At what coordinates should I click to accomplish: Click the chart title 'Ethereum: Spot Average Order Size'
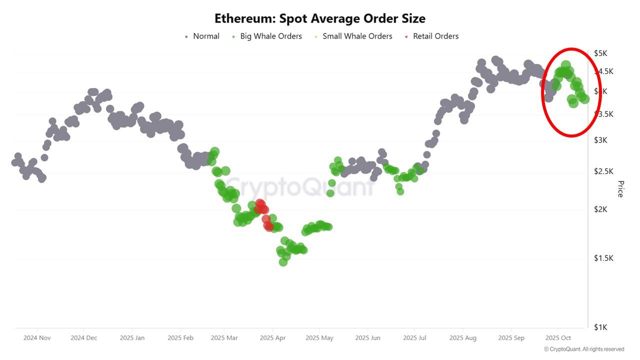pos(320,18)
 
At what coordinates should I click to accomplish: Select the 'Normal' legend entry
pos(202,36)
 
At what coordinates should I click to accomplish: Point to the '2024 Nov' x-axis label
pos(37,338)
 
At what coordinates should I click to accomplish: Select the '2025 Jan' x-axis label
pos(132,338)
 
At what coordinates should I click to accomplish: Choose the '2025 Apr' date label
pos(272,338)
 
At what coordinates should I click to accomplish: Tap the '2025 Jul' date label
pos(414,338)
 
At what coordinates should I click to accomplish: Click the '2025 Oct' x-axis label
pos(558,338)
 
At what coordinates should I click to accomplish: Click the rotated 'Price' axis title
pos(620,189)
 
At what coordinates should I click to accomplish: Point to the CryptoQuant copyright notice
pos(583,349)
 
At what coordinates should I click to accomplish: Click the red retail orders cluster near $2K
pos(260,206)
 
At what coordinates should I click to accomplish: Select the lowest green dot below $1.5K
pos(283,261)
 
